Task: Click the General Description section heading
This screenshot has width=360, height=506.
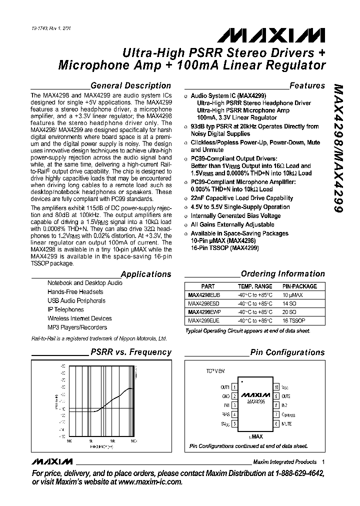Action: click(130, 85)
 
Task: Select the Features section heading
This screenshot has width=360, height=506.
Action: click(307, 85)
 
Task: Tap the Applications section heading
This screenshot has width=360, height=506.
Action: click(146, 274)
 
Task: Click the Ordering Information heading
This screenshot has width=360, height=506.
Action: click(282, 273)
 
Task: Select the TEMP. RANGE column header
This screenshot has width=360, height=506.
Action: click(255, 286)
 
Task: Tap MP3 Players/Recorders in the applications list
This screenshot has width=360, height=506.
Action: click(77, 327)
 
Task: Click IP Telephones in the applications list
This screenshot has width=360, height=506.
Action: click(65, 309)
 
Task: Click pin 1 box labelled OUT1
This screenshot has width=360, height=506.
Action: click(234, 387)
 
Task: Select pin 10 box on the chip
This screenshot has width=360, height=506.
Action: click(276, 387)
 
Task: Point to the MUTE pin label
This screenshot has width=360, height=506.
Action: click(286, 424)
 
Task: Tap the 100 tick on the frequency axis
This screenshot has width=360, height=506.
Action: click(69, 440)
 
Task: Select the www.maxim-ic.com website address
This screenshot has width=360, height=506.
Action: click(150, 482)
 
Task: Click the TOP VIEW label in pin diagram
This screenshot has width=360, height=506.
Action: click(216, 371)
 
